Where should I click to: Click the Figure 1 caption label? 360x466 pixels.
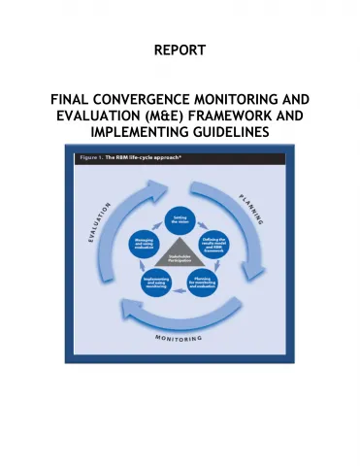tap(82, 157)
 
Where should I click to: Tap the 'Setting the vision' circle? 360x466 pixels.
tap(180, 220)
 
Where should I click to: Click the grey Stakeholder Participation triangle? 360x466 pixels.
tap(180, 258)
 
